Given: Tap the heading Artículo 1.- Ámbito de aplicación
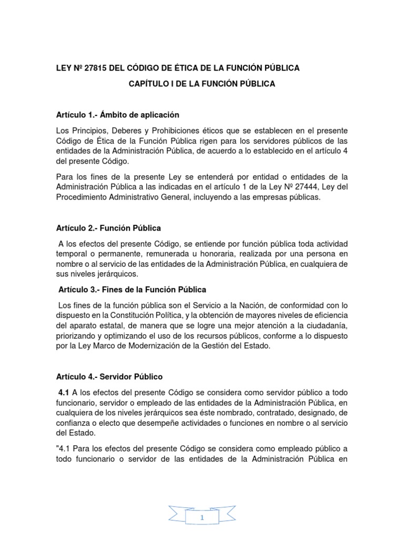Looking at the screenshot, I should (x=117, y=115).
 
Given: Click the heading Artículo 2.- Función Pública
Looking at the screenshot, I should (x=108, y=228).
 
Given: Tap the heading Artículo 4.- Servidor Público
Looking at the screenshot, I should (x=109, y=377).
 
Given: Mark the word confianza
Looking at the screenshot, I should (x=74, y=424).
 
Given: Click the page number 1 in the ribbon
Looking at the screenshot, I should (x=202, y=519).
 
